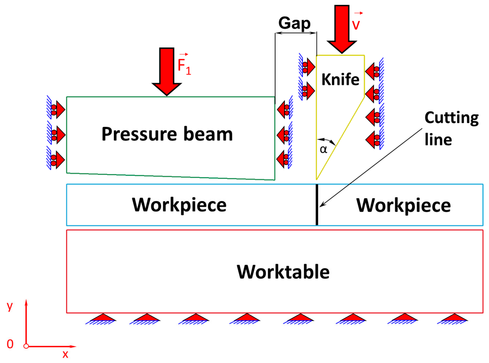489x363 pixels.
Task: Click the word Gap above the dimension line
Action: (294, 23)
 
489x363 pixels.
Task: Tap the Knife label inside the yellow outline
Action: (340, 79)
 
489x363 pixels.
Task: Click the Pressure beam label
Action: (167, 134)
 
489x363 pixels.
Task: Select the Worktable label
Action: (283, 272)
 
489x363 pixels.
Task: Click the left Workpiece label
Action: (179, 205)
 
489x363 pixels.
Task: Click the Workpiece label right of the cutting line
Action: (403, 205)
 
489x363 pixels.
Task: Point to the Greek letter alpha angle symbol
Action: (323, 149)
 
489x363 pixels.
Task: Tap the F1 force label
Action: (184, 66)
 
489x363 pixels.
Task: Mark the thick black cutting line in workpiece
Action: (317, 205)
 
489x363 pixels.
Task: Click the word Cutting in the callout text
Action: (451, 118)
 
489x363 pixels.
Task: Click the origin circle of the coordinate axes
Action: (26, 346)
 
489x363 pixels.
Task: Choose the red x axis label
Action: (65, 354)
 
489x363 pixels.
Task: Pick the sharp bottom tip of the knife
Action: (317, 179)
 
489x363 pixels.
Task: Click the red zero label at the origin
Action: (10, 344)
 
